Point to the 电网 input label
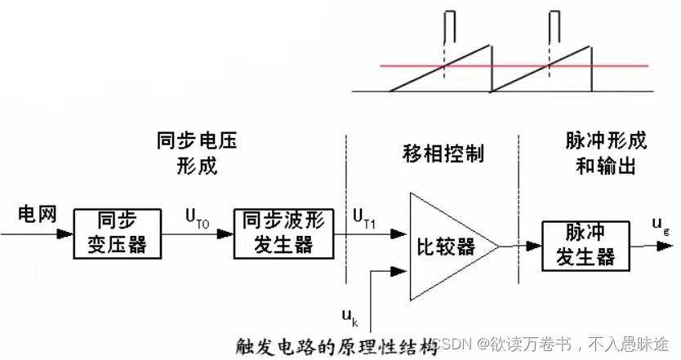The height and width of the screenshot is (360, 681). coord(35,214)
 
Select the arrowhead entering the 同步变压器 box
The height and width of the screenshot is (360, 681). coord(65,233)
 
